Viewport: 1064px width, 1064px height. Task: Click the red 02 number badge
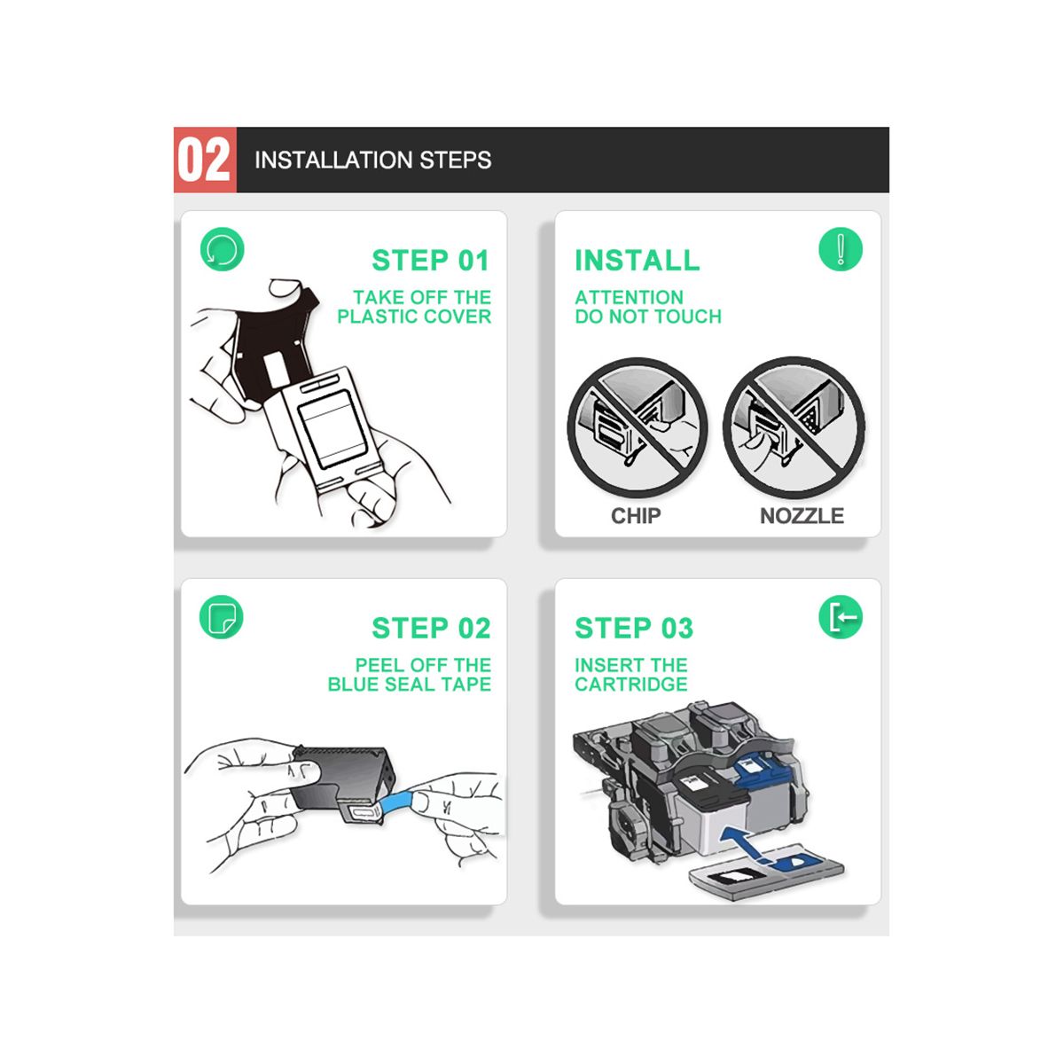205,160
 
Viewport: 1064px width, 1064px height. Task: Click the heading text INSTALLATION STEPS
372,160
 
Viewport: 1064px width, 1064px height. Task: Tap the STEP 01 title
431,261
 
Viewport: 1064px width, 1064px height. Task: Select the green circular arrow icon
222,249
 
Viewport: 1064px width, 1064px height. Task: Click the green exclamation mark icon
841,249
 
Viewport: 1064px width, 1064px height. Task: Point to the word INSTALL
638,261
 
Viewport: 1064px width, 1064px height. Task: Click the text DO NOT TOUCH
648,317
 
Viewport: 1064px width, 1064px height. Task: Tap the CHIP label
636,516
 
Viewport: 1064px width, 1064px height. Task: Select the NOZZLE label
802,516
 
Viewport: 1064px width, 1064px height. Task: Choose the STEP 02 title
431,629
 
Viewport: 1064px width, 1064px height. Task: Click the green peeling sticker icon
222,617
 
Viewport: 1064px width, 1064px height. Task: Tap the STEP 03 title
634,629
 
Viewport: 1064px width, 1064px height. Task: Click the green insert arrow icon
841,617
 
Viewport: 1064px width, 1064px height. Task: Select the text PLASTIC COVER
414,317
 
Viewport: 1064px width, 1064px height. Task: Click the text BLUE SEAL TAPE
409,685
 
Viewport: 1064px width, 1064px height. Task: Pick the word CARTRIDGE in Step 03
631,685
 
